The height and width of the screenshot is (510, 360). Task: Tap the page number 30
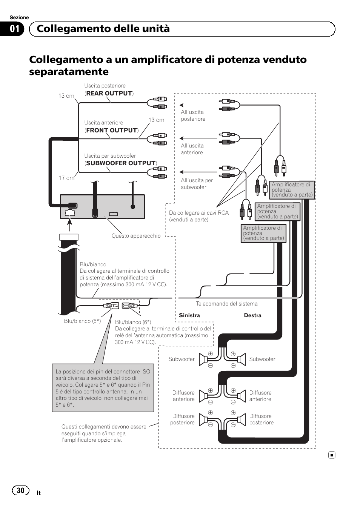pyautogui.click(x=20, y=490)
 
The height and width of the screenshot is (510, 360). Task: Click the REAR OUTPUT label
pyautogui.click(x=109, y=93)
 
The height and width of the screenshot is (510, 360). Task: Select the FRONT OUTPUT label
pyautogui.click(x=111, y=130)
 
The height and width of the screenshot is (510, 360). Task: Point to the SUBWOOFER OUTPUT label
pyautogui.click(x=121, y=163)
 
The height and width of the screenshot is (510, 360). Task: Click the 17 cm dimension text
pyautogui.click(x=66, y=178)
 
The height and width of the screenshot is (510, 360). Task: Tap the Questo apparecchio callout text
pyautogui.click(x=136, y=236)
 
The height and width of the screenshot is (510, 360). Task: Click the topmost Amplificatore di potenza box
pyautogui.click(x=292, y=190)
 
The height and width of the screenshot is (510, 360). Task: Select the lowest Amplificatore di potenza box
pyautogui.click(x=263, y=233)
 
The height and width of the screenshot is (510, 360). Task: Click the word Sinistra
pyautogui.click(x=189, y=315)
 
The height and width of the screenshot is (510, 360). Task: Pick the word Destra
pyautogui.click(x=252, y=315)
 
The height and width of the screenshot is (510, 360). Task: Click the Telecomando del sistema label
pyautogui.click(x=226, y=304)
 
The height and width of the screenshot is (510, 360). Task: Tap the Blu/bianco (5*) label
pyautogui.click(x=82, y=321)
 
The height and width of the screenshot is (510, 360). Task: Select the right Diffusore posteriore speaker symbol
pyautogui.click(x=241, y=419)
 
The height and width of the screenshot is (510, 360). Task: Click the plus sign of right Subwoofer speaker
pyautogui.click(x=233, y=354)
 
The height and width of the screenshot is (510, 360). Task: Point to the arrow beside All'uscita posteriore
pyautogui.click(x=182, y=105)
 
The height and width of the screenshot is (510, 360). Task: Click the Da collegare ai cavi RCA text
pyautogui.click(x=199, y=213)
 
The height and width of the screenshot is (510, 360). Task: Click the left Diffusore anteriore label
pyautogui.click(x=183, y=396)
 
